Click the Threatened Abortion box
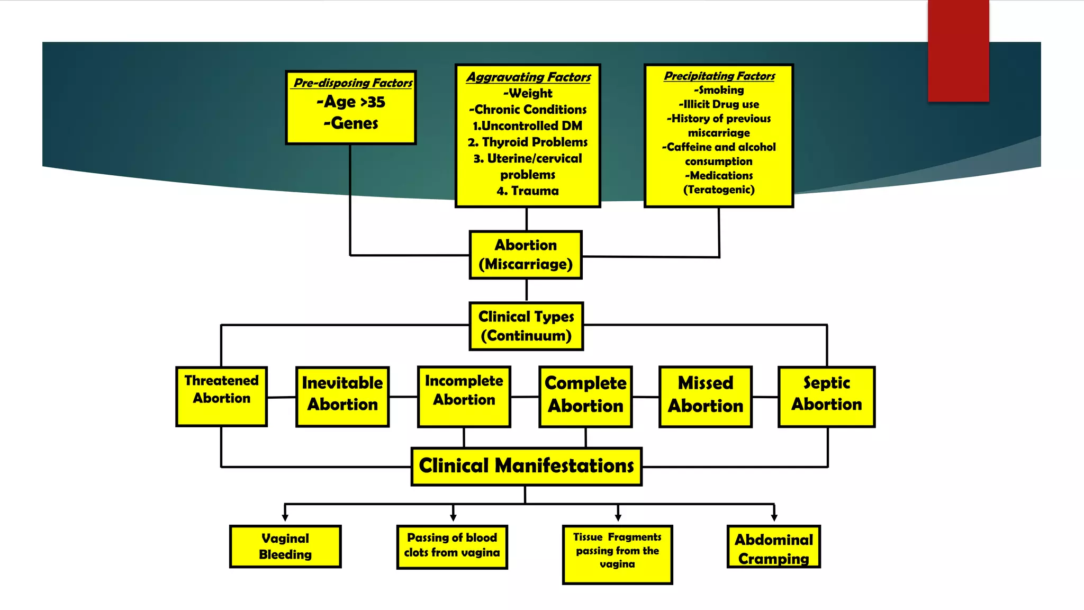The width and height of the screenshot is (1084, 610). [x=221, y=397]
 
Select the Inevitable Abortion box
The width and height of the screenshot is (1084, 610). [x=342, y=397]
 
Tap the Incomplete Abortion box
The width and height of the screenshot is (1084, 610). [x=464, y=397]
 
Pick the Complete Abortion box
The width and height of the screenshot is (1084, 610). [x=585, y=397]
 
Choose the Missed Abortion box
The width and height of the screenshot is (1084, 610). [x=706, y=397]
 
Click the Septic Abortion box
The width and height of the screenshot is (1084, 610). [x=826, y=397]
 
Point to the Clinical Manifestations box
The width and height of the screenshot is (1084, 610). [x=527, y=467]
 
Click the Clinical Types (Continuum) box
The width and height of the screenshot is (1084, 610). [x=526, y=326]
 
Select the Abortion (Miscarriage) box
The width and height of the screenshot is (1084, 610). [x=526, y=255]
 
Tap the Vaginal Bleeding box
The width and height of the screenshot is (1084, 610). [x=285, y=546]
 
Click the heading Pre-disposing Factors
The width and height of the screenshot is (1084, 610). [x=353, y=83]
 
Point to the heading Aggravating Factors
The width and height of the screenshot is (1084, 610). [x=528, y=77]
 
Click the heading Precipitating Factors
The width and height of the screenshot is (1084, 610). [x=719, y=76]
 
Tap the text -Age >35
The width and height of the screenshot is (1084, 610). [x=351, y=102]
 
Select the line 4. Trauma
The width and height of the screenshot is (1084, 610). [x=528, y=191]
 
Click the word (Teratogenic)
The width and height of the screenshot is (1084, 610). [x=719, y=190]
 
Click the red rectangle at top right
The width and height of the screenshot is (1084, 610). [x=958, y=50]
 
